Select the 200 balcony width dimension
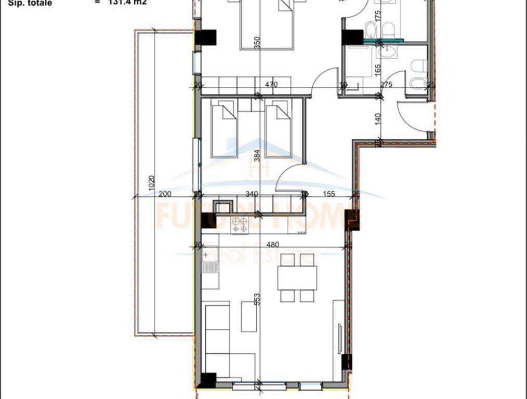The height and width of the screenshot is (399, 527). point(165,194)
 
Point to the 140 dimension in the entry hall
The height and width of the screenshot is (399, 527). point(378,118)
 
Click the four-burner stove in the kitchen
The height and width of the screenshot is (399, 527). point(240,224)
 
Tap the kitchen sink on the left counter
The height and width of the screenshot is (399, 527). point(209,267)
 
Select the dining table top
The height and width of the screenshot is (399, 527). point(297,278)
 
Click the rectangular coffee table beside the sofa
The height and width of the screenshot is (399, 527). point(249,316)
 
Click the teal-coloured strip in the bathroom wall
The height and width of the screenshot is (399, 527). point(383,39)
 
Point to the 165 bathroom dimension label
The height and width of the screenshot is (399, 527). point(378,68)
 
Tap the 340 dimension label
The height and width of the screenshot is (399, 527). point(252,194)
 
